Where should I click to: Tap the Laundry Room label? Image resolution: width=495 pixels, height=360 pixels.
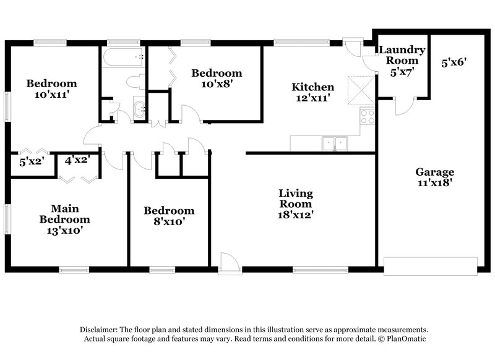[x=402, y=55]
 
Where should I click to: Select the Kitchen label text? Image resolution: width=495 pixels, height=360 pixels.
[x=313, y=87]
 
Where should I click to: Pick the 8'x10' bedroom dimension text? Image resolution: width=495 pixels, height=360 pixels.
[x=168, y=221]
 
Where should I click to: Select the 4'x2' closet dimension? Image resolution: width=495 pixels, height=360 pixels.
[x=77, y=160]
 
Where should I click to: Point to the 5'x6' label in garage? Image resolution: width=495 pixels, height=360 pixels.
[x=454, y=62]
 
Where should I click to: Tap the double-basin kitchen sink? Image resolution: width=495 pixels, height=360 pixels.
[x=334, y=144]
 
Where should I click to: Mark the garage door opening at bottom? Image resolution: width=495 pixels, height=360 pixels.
[x=431, y=265]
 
